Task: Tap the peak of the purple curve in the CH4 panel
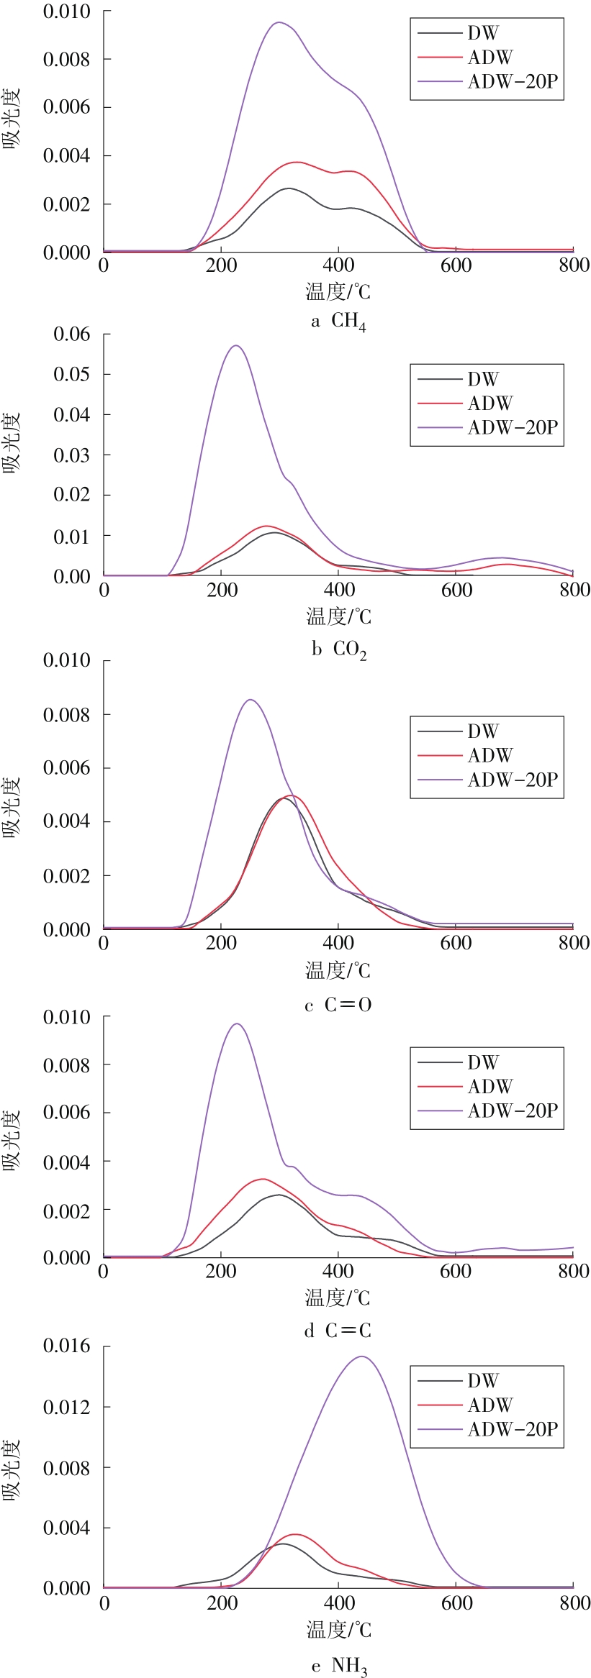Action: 279,22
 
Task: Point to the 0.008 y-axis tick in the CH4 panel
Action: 66,59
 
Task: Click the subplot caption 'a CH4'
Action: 338,321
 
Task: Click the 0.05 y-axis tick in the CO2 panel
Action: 72,374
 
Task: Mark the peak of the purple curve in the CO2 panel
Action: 235,346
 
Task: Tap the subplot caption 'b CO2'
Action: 339,649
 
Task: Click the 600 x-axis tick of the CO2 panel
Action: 456,591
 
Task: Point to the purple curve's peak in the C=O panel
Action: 250,700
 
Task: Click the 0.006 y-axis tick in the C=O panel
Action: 66,768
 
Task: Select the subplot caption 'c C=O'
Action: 338,1005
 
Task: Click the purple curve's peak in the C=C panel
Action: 237,1023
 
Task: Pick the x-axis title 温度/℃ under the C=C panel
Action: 338,1298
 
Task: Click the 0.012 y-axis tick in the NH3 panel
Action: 66,1407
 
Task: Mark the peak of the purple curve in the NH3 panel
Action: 361,1356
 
